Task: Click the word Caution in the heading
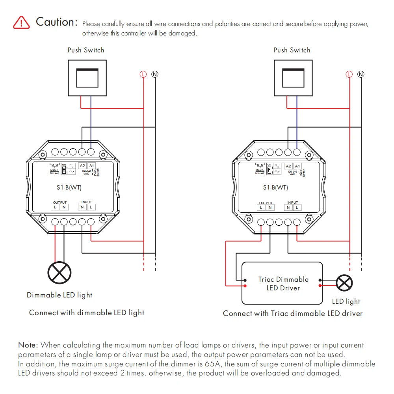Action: click(x=57, y=22)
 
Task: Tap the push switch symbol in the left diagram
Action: click(x=87, y=77)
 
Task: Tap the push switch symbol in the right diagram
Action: click(x=293, y=77)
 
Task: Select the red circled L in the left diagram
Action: click(x=143, y=74)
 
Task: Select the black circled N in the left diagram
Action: click(x=155, y=74)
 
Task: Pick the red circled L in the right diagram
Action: click(x=349, y=74)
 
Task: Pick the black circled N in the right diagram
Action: click(x=361, y=74)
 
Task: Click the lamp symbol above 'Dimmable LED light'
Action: click(x=59, y=272)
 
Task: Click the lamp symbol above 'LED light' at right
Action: click(x=344, y=283)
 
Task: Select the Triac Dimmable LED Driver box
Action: click(x=282, y=284)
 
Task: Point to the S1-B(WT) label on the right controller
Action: click(x=275, y=188)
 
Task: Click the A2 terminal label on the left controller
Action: click(x=82, y=166)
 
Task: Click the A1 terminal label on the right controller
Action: click(x=297, y=166)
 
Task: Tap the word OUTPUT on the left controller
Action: click(x=60, y=203)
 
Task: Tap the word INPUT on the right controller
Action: click(x=293, y=203)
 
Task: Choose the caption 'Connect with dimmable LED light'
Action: click(x=87, y=313)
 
